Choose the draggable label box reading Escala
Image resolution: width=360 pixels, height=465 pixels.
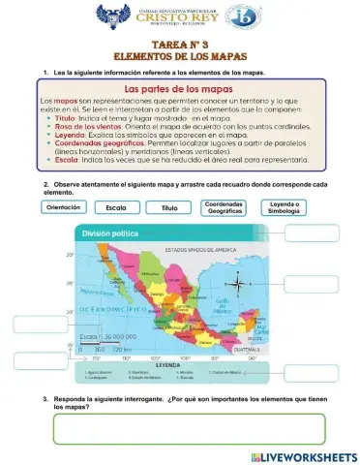(116, 207)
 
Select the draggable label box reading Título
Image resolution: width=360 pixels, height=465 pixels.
(169, 207)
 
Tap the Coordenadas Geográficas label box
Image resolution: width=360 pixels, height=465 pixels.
(225, 207)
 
